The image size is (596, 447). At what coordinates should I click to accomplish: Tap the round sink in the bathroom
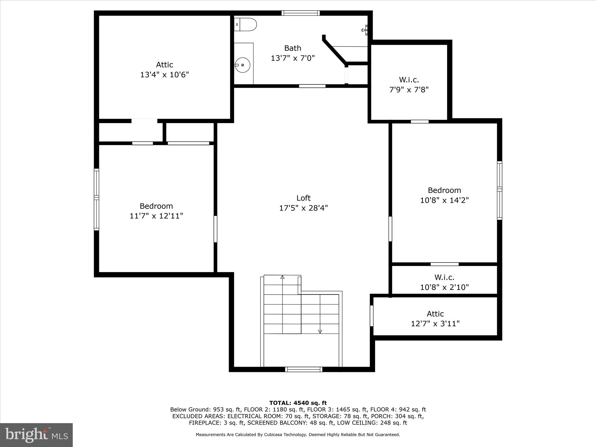pyautogui.click(x=242, y=65)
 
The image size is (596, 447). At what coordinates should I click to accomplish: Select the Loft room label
pyautogui.click(x=304, y=198)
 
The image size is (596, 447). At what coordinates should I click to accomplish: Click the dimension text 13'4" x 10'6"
pyautogui.click(x=164, y=75)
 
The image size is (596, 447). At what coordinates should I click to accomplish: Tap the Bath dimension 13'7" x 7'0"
pyautogui.click(x=293, y=58)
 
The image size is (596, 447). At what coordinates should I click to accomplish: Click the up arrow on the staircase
pyautogui.click(x=282, y=277)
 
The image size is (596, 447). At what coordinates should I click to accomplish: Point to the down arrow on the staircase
pyautogui.click(x=320, y=331)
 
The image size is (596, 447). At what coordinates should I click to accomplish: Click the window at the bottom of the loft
pyautogui.click(x=304, y=369)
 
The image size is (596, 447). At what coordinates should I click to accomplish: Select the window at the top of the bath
pyautogui.click(x=301, y=13)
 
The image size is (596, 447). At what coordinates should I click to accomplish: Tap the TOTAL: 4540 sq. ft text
pyautogui.click(x=298, y=403)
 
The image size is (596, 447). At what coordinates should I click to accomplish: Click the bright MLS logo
pyautogui.click(x=36, y=435)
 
